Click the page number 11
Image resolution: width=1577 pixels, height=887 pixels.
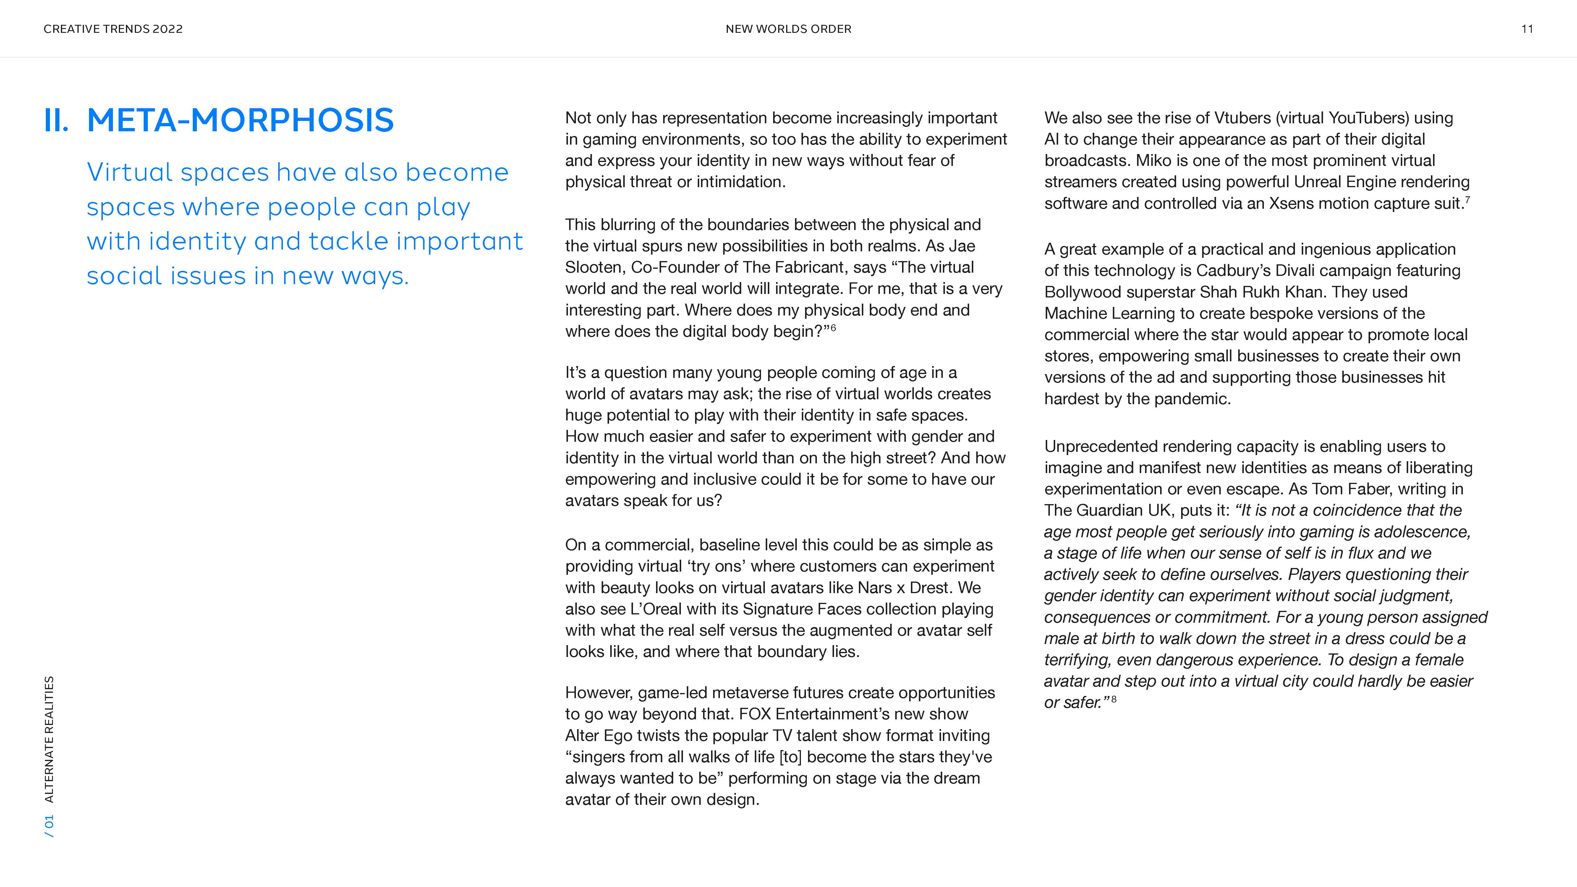click(x=1527, y=29)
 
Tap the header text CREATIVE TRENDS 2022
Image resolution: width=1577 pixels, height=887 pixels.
click(x=113, y=29)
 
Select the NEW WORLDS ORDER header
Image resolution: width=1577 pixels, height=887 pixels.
click(x=788, y=29)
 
